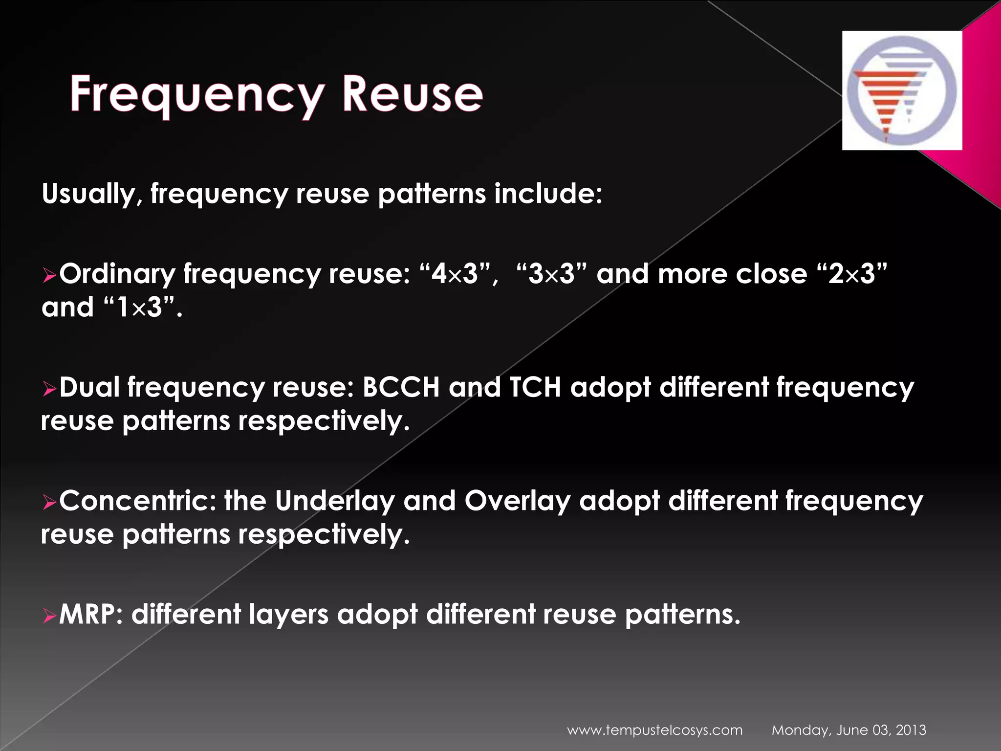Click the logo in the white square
[902, 90]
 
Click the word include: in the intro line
[548, 194]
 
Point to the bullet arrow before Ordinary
[49, 277]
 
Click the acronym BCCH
[401, 387]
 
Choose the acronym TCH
[535, 387]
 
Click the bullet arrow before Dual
[49, 390]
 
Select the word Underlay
[334, 501]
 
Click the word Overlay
[517, 501]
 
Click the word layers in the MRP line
[288, 614]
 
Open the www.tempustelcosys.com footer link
[654, 730]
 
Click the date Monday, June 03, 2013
[849, 730]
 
